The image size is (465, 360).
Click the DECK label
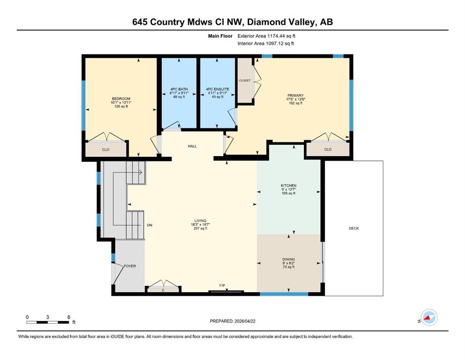coord(354,228)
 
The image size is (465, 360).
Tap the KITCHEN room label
coord(288,186)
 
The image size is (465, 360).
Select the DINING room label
coord(288,259)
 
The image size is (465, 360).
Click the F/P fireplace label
coord(222,285)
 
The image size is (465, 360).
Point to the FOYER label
coord(130,266)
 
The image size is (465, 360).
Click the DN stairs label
coord(150,225)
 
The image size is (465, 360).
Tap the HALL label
coord(192,146)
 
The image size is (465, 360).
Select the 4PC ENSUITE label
coord(218,89)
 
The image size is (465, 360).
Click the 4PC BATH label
coord(179,89)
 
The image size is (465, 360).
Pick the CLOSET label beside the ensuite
coord(244,81)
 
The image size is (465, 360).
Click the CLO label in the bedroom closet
coord(106,150)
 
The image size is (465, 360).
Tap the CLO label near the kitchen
coord(328,149)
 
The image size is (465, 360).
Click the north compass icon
coord(429,317)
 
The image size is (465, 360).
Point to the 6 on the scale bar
coord(69,317)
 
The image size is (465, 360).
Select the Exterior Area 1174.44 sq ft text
coord(266,36)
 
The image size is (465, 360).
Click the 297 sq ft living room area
coord(200,229)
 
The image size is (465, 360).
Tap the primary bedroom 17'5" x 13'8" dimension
coord(295,99)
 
